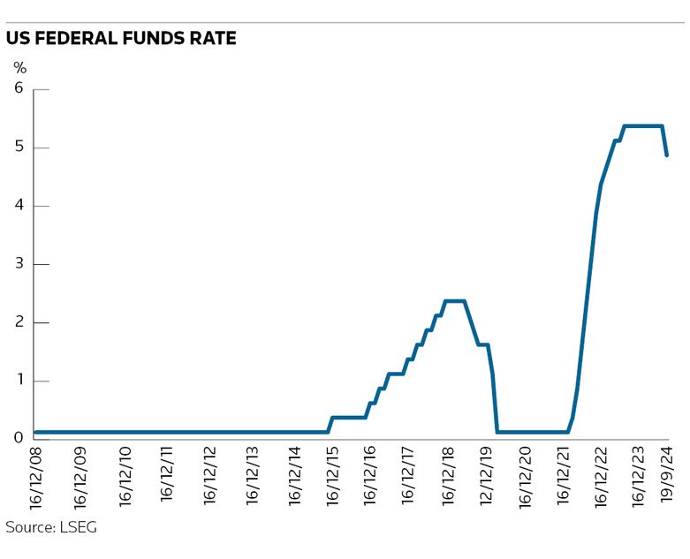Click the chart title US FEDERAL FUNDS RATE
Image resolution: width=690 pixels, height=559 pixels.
[x=121, y=40]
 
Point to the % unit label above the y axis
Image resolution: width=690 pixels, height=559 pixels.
[x=20, y=67]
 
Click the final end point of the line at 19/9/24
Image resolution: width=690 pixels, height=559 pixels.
[x=667, y=155]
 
